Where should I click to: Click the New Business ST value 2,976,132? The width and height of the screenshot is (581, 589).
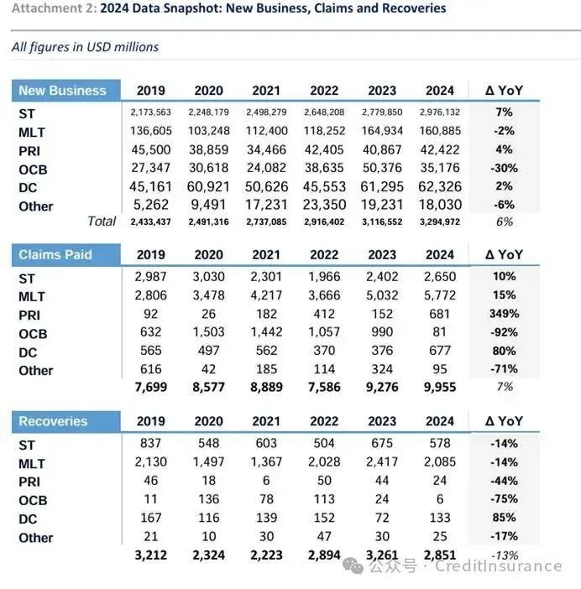point(440,112)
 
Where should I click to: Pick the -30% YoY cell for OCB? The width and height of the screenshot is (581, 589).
point(504,168)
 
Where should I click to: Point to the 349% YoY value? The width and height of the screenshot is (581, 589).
point(504,314)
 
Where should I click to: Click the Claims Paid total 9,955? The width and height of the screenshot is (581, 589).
point(440,387)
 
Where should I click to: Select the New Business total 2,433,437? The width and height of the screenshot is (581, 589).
point(150,222)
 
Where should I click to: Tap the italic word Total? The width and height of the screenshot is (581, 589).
point(102,222)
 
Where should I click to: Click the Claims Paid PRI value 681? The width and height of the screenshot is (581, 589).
point(440,314)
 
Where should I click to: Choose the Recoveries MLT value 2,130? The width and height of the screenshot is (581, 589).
point(150,461)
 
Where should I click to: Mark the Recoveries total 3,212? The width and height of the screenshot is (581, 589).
point(150,555)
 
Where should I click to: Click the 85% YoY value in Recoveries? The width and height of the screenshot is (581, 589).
point(504,518)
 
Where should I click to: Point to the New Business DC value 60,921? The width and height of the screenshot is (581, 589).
point(208,187)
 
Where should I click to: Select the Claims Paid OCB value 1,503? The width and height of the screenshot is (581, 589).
point(208,332)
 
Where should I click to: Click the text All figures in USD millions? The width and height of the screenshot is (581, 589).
point(85,47)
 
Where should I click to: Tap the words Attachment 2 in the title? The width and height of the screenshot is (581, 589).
point(54,8)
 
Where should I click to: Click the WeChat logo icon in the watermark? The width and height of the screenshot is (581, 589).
point(353,566)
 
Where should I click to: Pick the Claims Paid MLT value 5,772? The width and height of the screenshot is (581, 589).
point(440,295)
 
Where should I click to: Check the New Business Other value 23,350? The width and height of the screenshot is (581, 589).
point(324,205)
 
